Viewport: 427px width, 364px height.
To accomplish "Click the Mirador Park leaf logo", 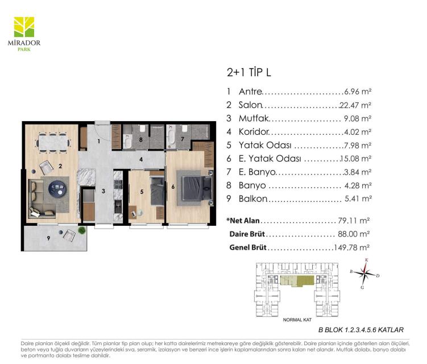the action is [x=24, y=27].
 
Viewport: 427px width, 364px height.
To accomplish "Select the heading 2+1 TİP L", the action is [x=248, y=72].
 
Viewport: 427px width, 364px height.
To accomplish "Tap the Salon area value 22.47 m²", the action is [x=355, y=105].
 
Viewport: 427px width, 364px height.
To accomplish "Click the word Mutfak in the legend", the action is [x=254, y=118].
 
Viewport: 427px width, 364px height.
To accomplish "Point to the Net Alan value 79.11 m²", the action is [x=354, y=221].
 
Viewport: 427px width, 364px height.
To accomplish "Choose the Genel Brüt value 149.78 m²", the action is [x=351, y=247].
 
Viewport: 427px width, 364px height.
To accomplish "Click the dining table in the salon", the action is [x=53, y=143].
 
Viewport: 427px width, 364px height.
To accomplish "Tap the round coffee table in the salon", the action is [x=57, y=188].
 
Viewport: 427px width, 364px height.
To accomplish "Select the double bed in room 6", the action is [x=194, y=188].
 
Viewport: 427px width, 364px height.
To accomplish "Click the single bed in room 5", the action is [x=157, y=191].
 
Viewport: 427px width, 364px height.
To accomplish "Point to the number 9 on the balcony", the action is [x=48, y=238].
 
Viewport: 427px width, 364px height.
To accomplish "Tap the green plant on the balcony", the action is [x=81, y=230].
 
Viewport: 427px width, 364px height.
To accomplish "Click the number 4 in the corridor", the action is [x=141, y=159].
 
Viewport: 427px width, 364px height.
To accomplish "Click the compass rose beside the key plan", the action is [x=364, y=273].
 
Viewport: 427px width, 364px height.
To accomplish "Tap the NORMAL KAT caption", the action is [x=297, y=320].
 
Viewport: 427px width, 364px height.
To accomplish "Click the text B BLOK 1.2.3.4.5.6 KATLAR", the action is [x=361, y=330].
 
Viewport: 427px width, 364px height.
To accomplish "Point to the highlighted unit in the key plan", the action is [x=297, y=280].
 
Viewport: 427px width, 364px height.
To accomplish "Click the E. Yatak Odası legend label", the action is [x=270, y=159].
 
